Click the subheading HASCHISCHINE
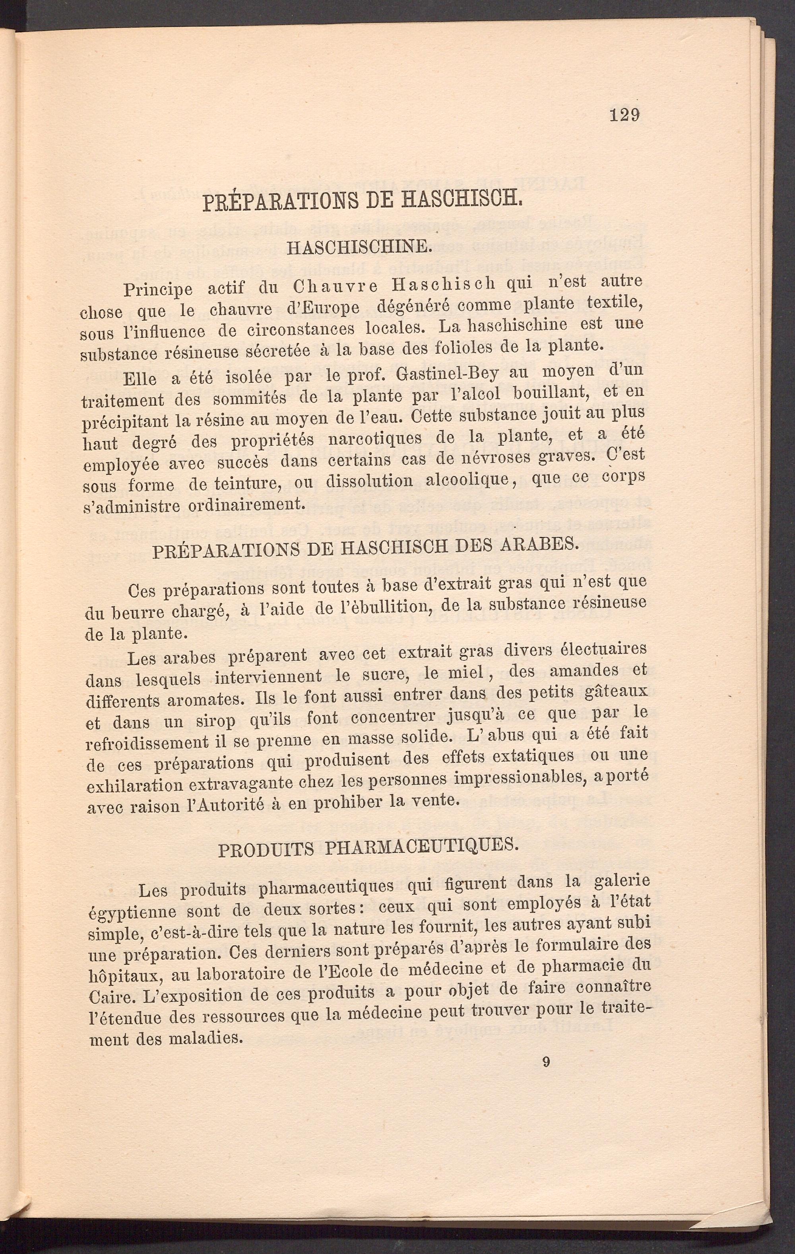pyautogui.click(x=359, y=247)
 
